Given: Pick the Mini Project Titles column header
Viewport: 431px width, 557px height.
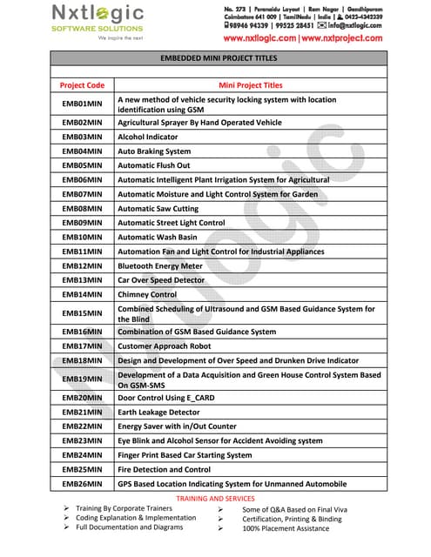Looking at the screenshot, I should pos(251,85).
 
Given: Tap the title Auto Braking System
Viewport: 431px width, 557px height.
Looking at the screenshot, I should pos(154,151).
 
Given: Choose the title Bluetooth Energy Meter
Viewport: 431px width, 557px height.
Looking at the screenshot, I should pos(159,265).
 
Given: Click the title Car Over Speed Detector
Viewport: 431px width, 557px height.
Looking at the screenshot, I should pos(161,280).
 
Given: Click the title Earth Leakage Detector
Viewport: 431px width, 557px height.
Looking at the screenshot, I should pos(158,412).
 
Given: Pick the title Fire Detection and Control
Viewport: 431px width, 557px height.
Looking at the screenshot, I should pos(164,469).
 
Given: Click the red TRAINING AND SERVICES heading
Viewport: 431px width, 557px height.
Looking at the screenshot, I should pos(215,498).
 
